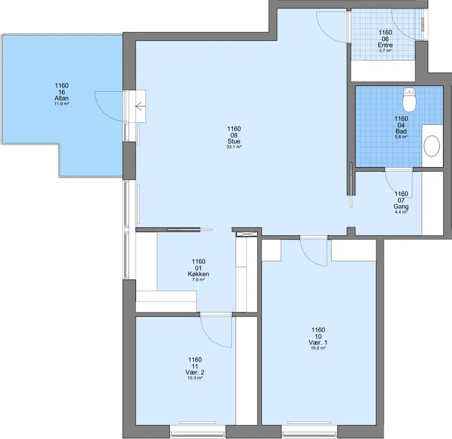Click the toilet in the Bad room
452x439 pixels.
[x=409, y=99]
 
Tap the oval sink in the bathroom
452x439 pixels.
[x=432, y=146]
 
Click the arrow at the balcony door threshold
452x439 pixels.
[x=140, y=106]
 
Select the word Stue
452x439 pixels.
[x=234, y=141]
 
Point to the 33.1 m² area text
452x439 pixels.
[x=234, y=147]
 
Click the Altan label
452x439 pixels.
[x=62, y=98]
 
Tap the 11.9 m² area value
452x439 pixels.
[x=62, y=103]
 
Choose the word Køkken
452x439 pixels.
[x=198, y=274]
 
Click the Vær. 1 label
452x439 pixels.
[x=318, y=342]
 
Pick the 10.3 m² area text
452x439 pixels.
[x=195, y=377]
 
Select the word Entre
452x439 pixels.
[x=385, y=45]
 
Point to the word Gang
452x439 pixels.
[x=401, y=206]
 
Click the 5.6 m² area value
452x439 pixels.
[x=401, y=137]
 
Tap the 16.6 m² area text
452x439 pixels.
[x=318, y=348]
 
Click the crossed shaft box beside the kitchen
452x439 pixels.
[x=246, y=234]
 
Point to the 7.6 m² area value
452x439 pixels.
[x=198, y=280]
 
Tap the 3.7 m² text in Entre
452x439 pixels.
[x=385, y=50]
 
